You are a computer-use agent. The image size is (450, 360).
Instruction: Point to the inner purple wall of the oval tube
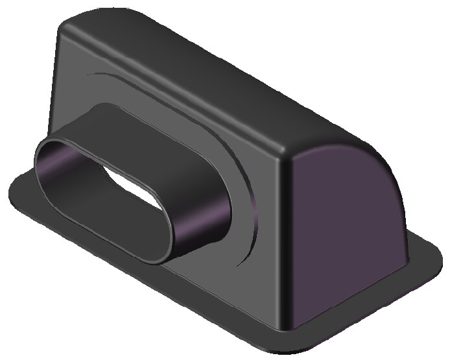[71, 170]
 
